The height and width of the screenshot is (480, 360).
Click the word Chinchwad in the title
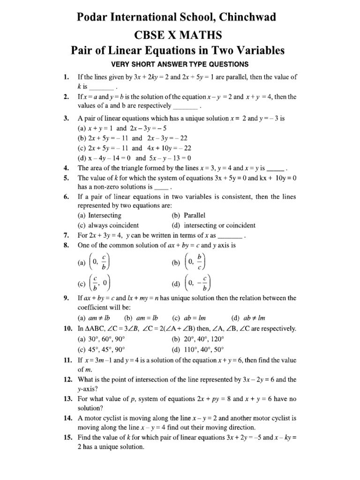tap(250, 17)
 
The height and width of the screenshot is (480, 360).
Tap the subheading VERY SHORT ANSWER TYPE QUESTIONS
tap(180, 64)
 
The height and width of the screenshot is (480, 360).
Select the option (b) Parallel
tap(189, 215)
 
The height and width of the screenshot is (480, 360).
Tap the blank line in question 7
tap(229, 235)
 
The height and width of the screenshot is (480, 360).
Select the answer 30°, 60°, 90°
tap(107, 338)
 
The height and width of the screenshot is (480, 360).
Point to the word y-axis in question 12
tap(87, 390)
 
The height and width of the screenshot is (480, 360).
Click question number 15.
tap(66, 438)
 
